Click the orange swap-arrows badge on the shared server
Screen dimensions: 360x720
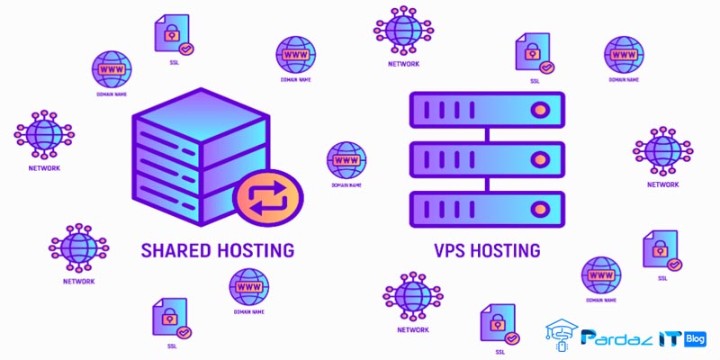[x=267, y=195]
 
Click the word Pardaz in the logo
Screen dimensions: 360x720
[x=620, y=338]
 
